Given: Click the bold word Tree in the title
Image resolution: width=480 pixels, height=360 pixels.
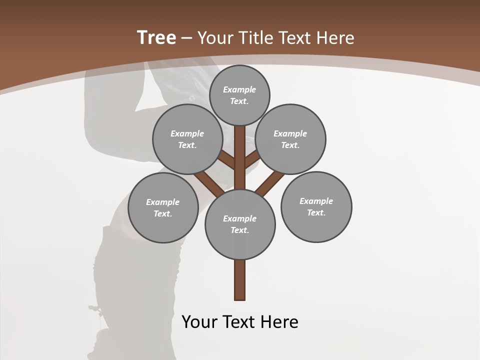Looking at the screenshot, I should (156, 38).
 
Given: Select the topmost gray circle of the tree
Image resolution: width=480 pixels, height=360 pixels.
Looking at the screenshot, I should (239, 95).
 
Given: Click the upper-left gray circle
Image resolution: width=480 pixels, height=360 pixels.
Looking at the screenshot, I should (187, 139).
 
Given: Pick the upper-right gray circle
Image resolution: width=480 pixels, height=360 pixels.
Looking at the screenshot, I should (290, 139).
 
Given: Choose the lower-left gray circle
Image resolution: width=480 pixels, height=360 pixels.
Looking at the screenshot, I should (163, 207).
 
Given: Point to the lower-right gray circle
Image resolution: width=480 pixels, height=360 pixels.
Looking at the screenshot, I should (316, 206).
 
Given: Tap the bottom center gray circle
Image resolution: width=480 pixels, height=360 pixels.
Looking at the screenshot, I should (240, 224).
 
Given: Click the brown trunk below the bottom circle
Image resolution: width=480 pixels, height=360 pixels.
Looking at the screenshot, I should (240, 280).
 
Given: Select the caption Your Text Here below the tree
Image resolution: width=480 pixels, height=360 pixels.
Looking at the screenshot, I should (240, 321).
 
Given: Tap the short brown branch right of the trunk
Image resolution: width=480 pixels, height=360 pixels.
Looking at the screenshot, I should (252, 159).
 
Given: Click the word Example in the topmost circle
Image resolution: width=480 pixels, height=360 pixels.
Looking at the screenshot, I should (239, 89).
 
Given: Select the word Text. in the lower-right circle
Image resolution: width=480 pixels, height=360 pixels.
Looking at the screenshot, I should (316, 212).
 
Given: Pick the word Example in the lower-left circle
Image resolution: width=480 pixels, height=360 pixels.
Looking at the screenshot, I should (163, 202).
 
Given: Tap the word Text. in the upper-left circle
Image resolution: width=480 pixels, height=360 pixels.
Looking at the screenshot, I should (187, 145).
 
